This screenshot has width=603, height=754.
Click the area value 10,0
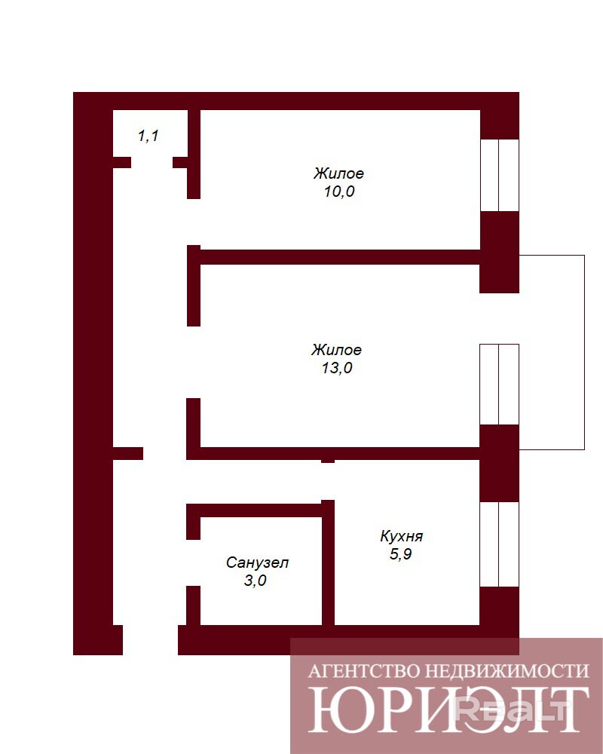point(339,192)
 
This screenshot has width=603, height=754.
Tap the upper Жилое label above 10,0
point(339,173)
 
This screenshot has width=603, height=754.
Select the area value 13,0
point(336,368)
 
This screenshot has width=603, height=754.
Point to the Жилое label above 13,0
point(336,350)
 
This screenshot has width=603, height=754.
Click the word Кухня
point(401,537)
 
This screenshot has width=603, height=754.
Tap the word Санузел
point(257,562)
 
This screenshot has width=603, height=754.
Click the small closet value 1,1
point(147,136)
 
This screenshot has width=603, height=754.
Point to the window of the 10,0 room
point(499,175)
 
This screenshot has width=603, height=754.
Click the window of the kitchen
point(499,544)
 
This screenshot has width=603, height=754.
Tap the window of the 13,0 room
point(499,384)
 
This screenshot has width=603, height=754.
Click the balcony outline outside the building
point(583,351)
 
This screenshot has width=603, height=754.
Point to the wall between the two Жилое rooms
point(339,256)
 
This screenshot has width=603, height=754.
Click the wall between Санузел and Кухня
point(328,565)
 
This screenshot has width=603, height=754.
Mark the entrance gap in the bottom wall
point(150,639)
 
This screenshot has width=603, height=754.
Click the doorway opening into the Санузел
point(193,562)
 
